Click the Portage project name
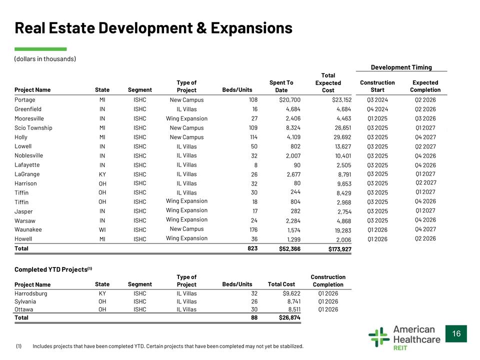[25, 100]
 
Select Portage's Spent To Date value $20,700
[289, 100]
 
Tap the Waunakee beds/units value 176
[253, 229]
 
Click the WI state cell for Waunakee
[102, 229]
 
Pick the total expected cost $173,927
[340, 249]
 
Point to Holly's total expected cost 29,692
[342, 137]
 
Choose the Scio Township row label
[33, 128]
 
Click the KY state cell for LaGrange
[102, 174]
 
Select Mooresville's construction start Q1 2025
[377, 118]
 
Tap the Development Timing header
[401, 67]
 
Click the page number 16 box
[456, 333]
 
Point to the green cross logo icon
[379, 337]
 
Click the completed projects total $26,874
[289, 317]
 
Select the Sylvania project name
[25, 301]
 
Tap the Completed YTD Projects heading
[53, 269]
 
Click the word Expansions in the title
[251, 28]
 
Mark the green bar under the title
[40, 49]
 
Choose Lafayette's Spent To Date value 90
[297, 165]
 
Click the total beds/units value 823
[252, 248]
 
